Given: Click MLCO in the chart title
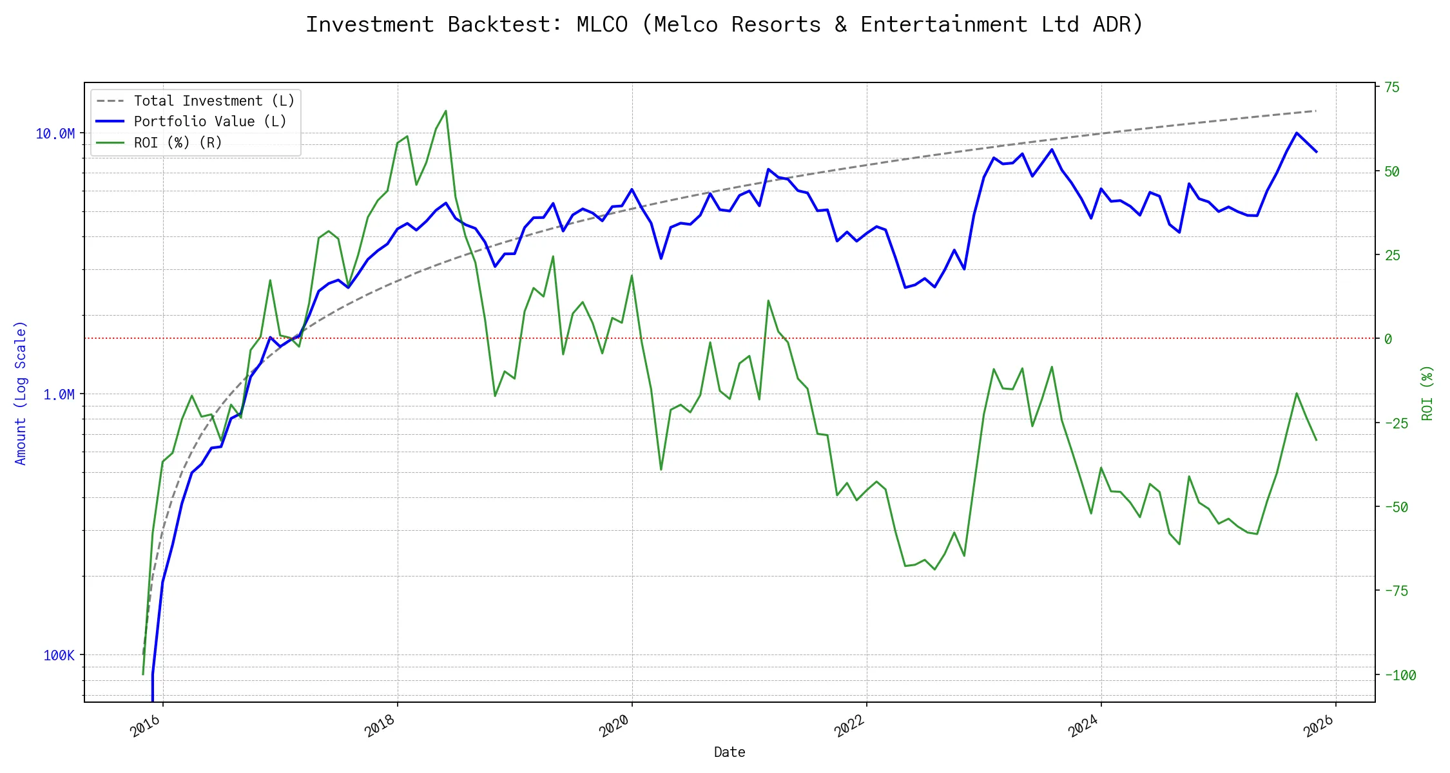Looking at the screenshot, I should point(602,24).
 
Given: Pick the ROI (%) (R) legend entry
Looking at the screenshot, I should point(178,143).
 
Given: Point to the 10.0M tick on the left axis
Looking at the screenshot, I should point(55,134).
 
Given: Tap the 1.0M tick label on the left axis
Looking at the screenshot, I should point(59,394).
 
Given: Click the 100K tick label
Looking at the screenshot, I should point(59,656).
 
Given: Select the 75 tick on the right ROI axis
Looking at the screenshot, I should point(1392,88).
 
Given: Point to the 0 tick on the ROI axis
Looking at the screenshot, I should point(1388,339).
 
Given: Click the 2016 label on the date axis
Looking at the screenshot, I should point(145,727).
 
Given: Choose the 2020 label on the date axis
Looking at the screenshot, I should point(614,727).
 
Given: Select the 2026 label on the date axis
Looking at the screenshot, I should point(1319,727).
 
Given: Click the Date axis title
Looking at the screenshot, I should point(730,752).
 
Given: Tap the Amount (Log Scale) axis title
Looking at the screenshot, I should point(21,393).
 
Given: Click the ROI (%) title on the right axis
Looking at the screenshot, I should point(1427,393).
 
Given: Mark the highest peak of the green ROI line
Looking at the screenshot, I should point(446,111).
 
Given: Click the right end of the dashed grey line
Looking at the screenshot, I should point(1315,111).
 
